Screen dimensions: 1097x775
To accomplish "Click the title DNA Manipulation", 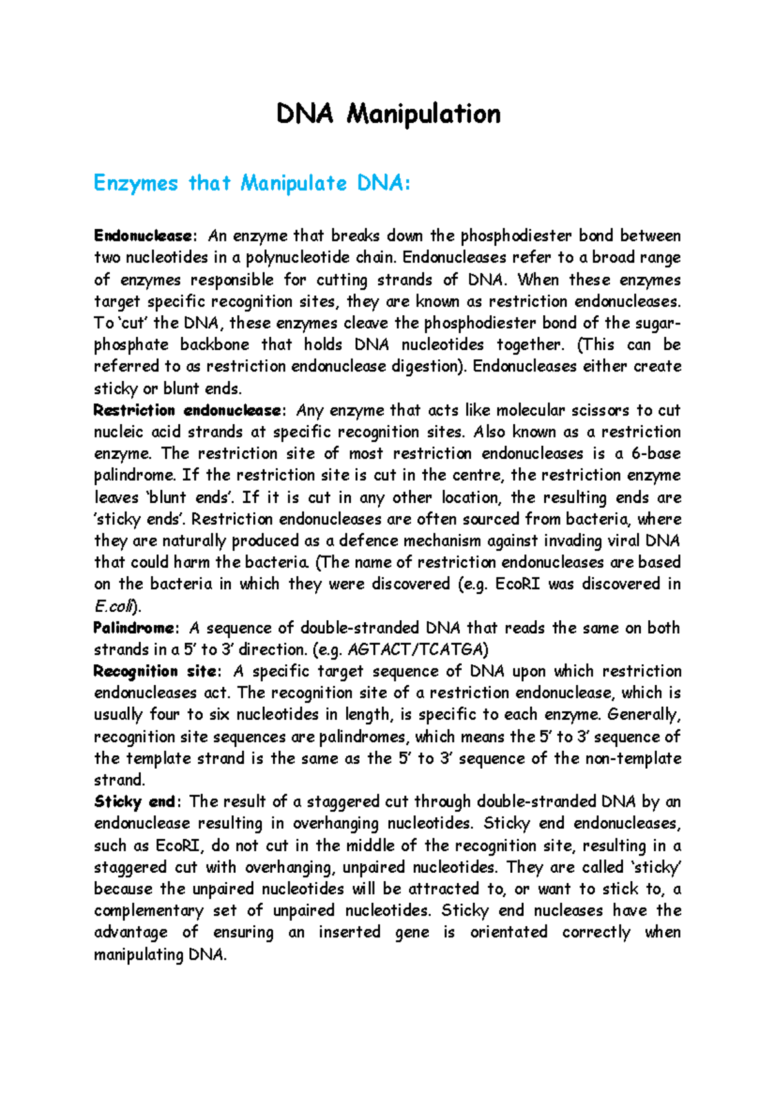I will (388, 114).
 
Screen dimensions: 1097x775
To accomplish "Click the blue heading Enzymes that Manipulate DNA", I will (252, 183).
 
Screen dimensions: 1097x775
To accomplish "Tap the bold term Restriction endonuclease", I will (187, 410).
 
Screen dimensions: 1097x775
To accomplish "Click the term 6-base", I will (656, 454).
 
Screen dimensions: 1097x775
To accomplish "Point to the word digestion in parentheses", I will (427, 366).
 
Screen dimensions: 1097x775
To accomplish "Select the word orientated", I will (508, 932).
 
